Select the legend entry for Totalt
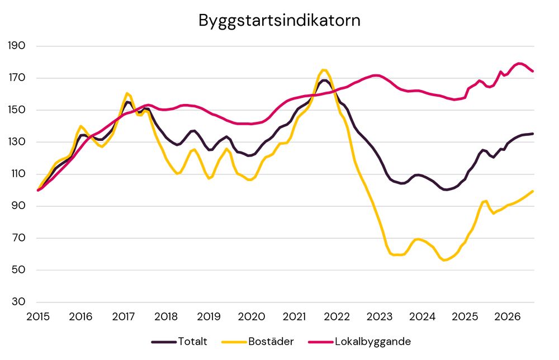click(x=179, y=342)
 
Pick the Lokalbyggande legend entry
click(x=359, y=342)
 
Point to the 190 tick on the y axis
click(x=17, y=46)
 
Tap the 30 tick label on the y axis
click(x=18, y=301)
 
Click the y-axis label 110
click(x=17, y=174)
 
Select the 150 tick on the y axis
click(x=17, y=110)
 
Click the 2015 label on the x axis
click(x=38, y=316)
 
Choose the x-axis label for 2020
click(x=252, y=316)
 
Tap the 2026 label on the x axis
click(x=508, y=316)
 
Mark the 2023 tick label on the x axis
click(x=380, y=316)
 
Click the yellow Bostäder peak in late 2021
click(x=323, y=70)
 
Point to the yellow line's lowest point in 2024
click(x=444, y=260)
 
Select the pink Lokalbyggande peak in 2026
click(x=519, y=63)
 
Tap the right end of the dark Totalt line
click(x=533, y=134)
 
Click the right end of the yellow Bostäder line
click(x=533, y=191)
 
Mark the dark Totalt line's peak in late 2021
click(x=324, y=80)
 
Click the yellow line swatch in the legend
click(x=234, y=342)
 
